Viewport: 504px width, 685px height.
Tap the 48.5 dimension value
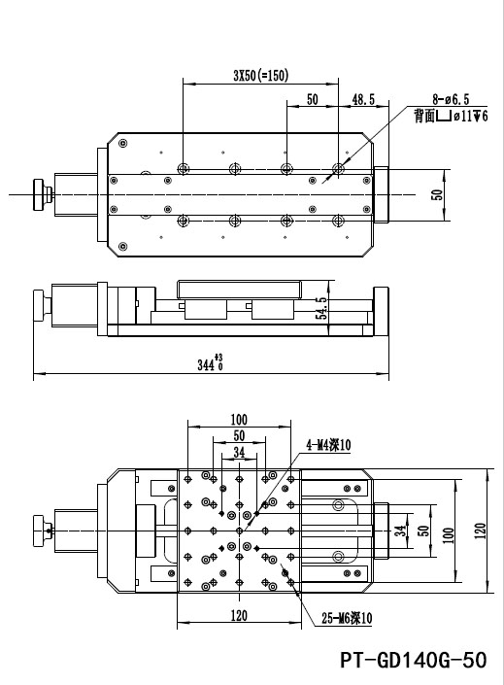click(x=364, y=99)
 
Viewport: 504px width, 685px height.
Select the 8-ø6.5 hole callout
click(x=451, y=99)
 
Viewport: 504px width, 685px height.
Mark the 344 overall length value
click(x=206, y=365)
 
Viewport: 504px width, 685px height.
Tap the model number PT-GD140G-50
click(x=414, y=661)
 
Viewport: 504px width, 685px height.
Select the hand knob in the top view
click(x=40, y=194)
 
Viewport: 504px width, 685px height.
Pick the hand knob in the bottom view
click(x=40, y=531)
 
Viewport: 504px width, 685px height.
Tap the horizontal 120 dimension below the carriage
click(x=239, y=614)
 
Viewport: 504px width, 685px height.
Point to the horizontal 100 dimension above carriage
click(x=238, y=420)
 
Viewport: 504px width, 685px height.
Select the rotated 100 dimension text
click(x=448, y=532)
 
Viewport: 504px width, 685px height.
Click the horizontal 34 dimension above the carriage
click(x=239, y=452)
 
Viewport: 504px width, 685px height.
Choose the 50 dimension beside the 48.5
click(x=313, y=99)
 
